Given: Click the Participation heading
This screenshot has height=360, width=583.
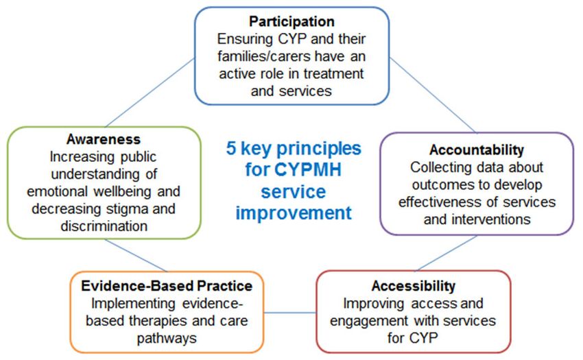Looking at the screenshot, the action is point(291,21).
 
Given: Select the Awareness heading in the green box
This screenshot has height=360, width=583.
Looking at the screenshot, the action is point(104,139).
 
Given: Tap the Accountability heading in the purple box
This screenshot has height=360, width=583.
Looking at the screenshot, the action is point(477,150).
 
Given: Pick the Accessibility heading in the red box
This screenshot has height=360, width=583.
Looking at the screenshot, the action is point(414,286).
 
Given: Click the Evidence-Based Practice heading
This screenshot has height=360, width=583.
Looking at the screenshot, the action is point(167,286).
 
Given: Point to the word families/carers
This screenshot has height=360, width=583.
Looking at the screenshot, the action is point(264,56).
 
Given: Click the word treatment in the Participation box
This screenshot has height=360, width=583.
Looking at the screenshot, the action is point(333,73).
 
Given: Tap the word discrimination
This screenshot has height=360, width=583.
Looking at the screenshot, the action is point(104,226).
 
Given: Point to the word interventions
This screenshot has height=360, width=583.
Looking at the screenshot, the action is point(491,219).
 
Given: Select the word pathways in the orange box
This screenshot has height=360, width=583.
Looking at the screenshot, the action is point(167,339).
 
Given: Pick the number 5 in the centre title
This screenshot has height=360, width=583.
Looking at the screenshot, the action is point(231,148).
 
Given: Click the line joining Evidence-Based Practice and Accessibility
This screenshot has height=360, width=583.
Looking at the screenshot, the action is point(290,313).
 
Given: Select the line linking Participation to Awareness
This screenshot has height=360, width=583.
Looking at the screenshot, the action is point(150,93).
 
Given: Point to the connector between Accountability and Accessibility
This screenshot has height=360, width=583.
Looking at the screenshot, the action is point(447,253).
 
